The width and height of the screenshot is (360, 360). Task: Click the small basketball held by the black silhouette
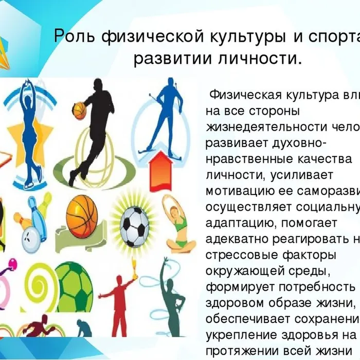tap(80, 109)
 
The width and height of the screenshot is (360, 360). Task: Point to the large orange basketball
tap(82, 214)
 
